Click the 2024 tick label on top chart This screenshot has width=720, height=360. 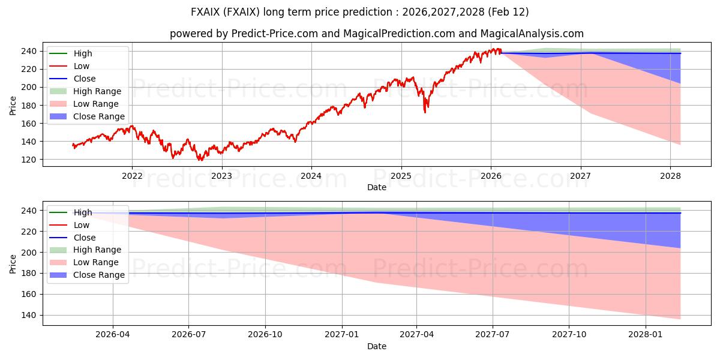tap(311, 176)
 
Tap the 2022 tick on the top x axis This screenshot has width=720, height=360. tap(132, 176)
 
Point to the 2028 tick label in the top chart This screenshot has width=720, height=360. tap(670, 176)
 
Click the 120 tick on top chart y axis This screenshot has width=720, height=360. tap(31, 160)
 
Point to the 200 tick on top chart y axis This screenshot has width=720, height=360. tap(31, 88)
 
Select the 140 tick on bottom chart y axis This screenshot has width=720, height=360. tap(31, 315)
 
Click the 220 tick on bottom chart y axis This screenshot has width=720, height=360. tap(31, 232)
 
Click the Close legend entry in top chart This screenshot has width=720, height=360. tap(85, 79)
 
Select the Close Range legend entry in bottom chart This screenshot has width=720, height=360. tap(99, 275)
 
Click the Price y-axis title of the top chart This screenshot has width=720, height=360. tap(13, 105)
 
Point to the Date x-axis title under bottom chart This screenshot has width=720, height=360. tap(377, 346)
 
